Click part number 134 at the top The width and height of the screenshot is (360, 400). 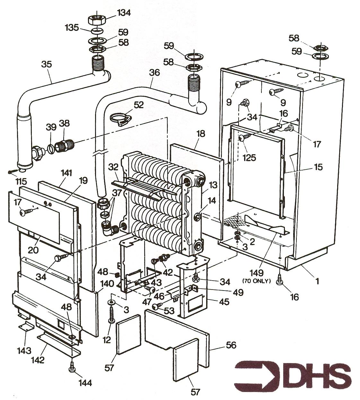pos(115,13)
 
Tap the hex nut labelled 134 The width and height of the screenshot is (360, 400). pos(97,20)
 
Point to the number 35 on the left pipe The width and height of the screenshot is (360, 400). pos(46,64)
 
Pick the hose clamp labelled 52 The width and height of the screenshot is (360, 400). pos(119,118)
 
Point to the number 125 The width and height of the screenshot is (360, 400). pos(249,158)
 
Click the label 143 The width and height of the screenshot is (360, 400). pos(24,350)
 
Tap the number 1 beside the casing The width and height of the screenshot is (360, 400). pos(317,281)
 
